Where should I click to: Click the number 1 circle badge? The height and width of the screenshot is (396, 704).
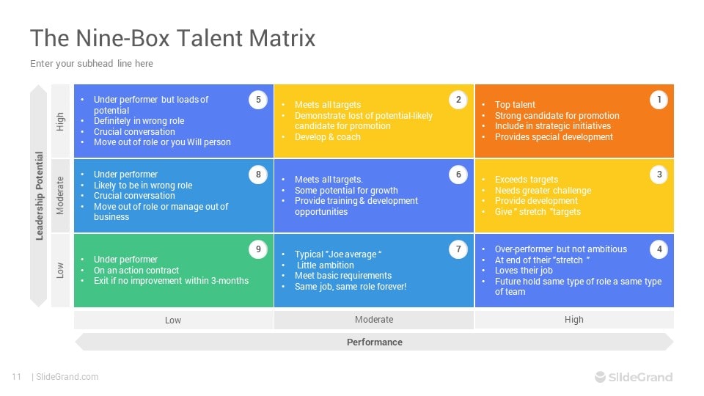659,100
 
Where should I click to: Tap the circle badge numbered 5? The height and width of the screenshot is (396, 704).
257,100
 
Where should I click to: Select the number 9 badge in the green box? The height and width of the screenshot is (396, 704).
257,249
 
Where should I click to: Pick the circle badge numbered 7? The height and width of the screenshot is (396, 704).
458,249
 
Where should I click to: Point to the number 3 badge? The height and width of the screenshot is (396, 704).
659,175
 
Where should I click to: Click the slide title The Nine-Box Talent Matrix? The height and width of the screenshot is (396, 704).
172,38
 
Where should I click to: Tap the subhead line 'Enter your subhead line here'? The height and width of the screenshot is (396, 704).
92,64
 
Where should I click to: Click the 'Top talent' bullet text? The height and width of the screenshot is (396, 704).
515,105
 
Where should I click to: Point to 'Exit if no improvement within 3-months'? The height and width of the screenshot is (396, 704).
171,281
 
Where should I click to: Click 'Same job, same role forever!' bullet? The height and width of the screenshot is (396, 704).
351,286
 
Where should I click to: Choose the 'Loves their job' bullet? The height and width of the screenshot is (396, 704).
524,271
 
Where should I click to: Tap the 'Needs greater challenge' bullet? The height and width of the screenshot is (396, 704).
543,191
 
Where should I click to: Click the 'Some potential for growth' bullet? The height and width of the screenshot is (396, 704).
346,191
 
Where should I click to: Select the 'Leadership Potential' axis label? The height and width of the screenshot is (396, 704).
40,196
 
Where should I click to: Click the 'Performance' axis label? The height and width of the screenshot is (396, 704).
374,342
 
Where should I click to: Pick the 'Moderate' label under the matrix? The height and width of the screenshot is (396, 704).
374,320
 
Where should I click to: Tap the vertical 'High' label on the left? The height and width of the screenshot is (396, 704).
61,121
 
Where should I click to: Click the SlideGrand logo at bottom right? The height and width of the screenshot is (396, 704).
634,377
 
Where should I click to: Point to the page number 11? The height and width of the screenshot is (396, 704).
16,377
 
